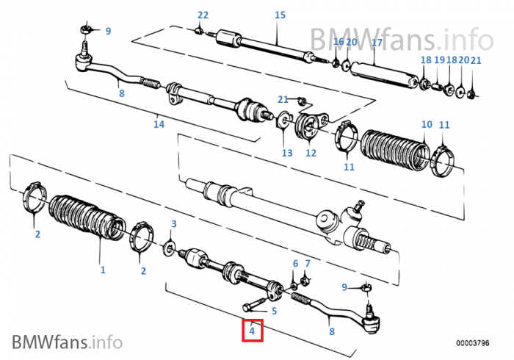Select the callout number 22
203,15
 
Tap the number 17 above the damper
376,43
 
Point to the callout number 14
159,124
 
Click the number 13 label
286,153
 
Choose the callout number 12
311,153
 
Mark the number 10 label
427,125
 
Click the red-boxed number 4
252,331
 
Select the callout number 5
274,311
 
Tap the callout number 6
295,263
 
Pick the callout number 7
308,263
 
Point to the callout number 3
173,223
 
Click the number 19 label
439,60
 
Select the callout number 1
103,270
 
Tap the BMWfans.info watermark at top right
400,36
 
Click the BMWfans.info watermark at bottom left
67,341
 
